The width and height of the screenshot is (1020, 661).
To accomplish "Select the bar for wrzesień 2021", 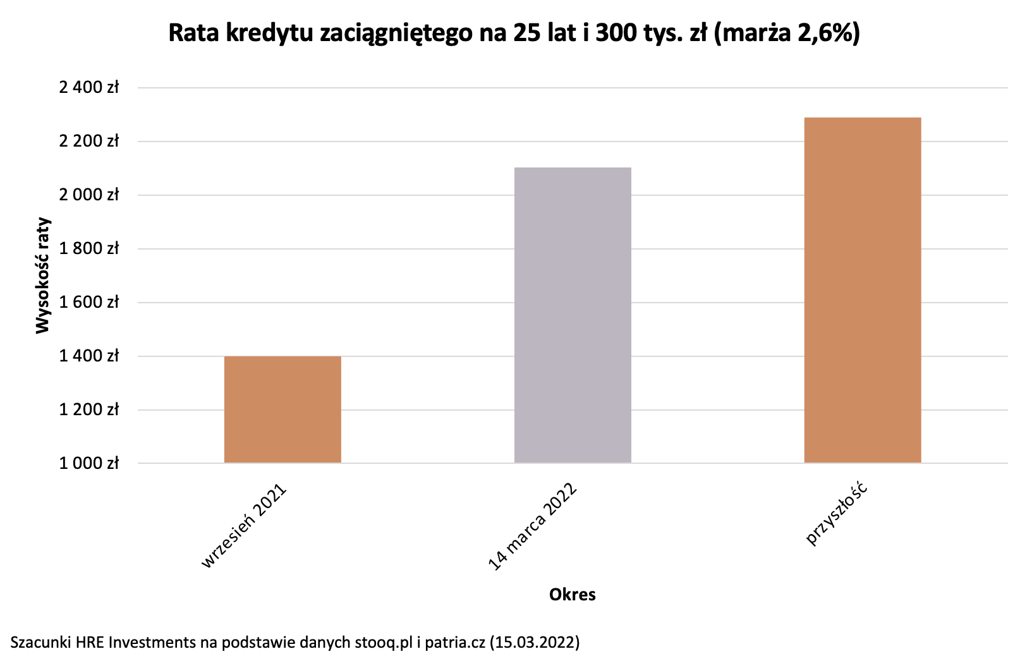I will pos(282,409).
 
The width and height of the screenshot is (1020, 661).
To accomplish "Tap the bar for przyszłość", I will pos(862,290).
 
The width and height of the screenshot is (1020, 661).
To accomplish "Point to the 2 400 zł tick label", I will pos(88,87).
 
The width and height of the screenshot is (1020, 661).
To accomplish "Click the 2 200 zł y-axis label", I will pos(88,141).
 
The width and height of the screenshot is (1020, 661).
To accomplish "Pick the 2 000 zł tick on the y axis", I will pos(88,195).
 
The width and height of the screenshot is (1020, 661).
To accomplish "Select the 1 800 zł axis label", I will pos(88,248).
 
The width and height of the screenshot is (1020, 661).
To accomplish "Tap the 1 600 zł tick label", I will pos(88,302).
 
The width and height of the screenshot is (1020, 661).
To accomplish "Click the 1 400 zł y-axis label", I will pos(88,356).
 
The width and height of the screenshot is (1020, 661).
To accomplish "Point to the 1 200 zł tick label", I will pos(88,409).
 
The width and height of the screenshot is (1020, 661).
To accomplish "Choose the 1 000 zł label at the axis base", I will pos(88,463).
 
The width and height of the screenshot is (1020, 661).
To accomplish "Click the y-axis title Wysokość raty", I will pos(42,275).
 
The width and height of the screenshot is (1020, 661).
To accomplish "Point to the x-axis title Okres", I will pos(572,595).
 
